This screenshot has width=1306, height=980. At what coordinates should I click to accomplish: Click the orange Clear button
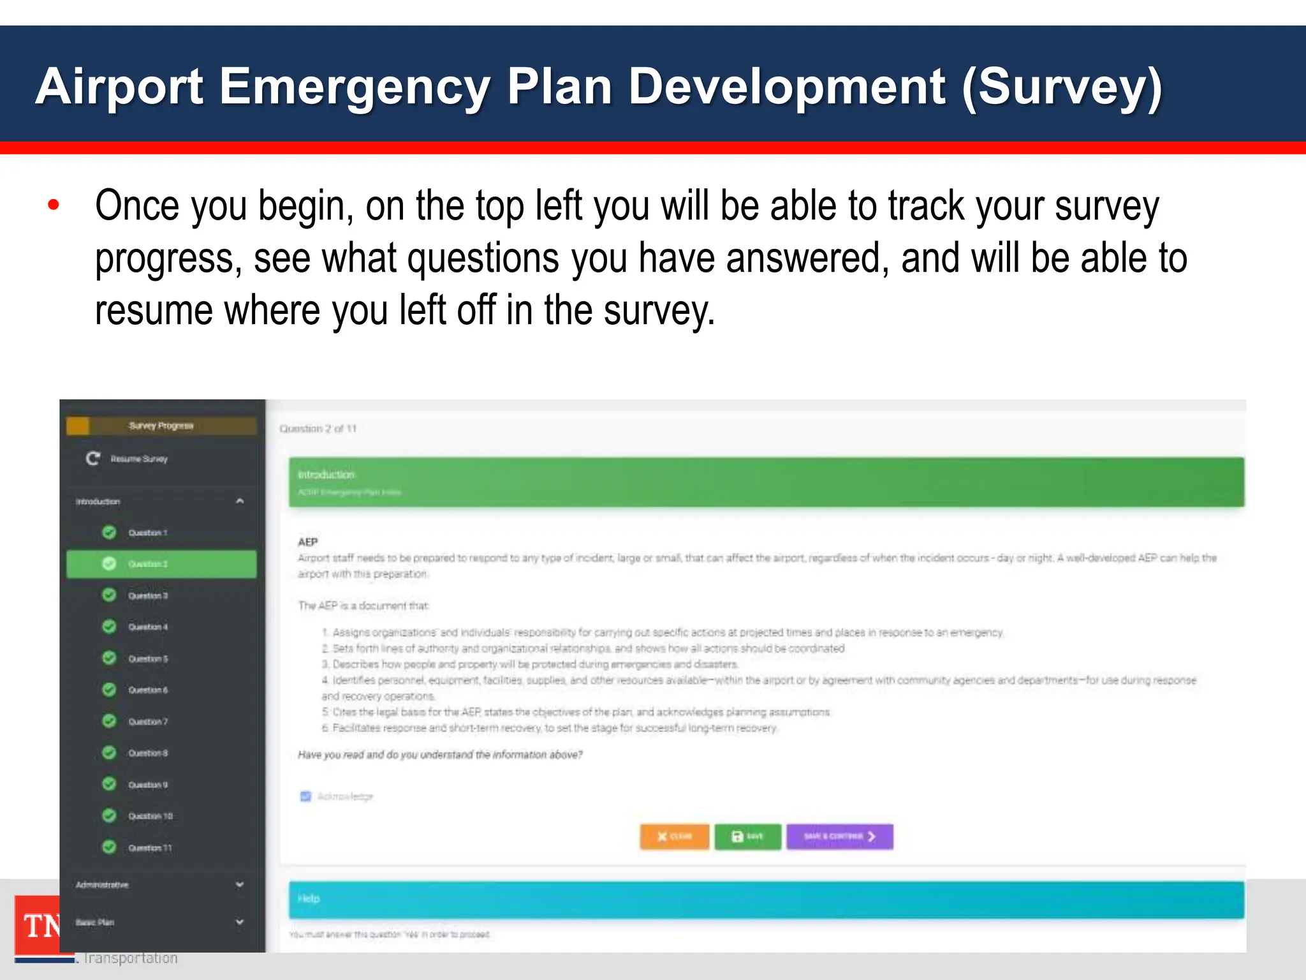[x=674, y=836]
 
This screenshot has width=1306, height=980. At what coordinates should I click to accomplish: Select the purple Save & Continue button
[x=839, y=836]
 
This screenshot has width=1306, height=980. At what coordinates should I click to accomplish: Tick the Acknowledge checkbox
[x=305, y=796]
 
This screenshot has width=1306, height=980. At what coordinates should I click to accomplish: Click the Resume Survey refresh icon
[x=93, y=458]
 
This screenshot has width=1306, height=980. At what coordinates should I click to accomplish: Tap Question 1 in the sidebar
[x=147, y=533]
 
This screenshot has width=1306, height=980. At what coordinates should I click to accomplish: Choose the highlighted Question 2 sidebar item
[x=161, y=564]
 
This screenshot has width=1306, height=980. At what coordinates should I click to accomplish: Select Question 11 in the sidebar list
[x=150, y=848]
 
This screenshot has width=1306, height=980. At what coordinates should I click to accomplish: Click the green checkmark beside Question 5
[x=110, y=658]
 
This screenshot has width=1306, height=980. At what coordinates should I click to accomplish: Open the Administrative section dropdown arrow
[x=240, y=884]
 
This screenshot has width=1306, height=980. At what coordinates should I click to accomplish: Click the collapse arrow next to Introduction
[x=240, y=501]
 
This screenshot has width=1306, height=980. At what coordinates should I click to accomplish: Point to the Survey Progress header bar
[x=161, y=426]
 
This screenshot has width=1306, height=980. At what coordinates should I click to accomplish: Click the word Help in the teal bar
[x=309, y=898]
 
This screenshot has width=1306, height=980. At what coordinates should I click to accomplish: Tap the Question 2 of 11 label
[x=318, y=429]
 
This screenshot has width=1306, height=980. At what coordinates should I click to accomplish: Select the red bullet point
[x=54, y=205]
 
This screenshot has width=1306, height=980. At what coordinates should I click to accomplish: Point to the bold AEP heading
[x=308, y=542]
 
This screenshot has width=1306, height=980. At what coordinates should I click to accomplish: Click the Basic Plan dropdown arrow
[x=240, y=922]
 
